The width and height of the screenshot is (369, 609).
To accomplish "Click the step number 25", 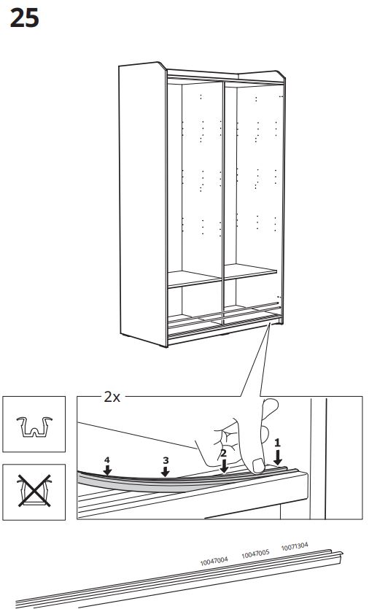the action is pyautogui.click(x=25, y=18).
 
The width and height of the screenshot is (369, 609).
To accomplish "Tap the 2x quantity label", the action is pyautogui.click(x=112, y=397).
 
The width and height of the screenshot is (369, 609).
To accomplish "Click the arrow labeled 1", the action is pyautogui.click(x=277, y=457).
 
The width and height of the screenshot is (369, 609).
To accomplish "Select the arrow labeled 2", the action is pyautogui.click(x=224, y=466).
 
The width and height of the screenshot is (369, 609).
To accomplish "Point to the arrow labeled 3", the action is pyautogui.click(x=166, y=471).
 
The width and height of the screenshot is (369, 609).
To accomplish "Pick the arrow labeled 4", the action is pyautogui.click(x=107, y=470).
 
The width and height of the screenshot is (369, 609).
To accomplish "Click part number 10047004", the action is pyautogui.click(x=214, y=561).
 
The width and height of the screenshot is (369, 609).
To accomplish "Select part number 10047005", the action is pyautogui.click(x=255, y=554).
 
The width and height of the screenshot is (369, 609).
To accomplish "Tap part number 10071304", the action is pyautogui.click(x=295, y=547).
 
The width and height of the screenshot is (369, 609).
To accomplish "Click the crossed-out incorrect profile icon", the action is pyautogui.click(x=34, y=492).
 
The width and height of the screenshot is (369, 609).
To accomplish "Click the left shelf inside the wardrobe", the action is pyautogui.click(x=195, y=279).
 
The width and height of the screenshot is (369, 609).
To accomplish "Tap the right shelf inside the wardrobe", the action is pyautogui.click(x=251, y=271).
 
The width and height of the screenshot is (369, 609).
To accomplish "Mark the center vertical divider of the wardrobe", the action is pyautogui.click(x=223, y=202).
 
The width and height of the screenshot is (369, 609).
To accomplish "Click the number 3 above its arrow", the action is pyautogui.click(x=166, y=461).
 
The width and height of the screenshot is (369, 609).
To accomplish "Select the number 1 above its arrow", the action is pyautogui.click(x=277, y=443).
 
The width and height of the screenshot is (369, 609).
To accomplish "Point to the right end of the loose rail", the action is pyautogui.click(x=341, y=553).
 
